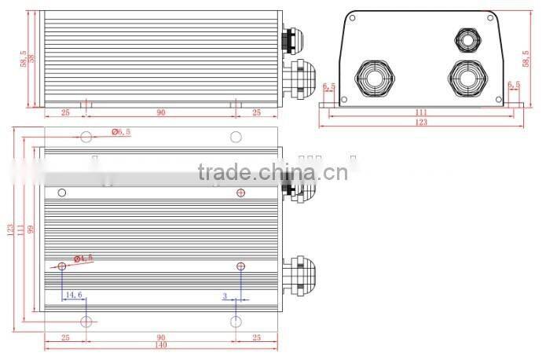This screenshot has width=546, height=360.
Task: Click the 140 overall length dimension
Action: coord(160,345)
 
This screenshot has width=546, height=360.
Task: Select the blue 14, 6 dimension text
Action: coord(74,295)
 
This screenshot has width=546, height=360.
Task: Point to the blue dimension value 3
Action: coord(225,296)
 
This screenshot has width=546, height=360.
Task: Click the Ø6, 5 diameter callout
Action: coord(119,132)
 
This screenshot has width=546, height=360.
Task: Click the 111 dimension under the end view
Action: coord(421,112)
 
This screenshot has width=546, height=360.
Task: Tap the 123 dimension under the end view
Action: coord(421,123)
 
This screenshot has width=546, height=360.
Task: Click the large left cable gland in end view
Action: coord(375,78)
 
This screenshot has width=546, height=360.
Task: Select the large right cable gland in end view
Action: coord(468,78)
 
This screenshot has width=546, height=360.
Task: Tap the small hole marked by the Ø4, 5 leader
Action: coord(62,266)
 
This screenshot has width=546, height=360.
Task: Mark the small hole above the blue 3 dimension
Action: coord(240,266)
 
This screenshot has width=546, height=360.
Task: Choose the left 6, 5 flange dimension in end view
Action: coord(328,86)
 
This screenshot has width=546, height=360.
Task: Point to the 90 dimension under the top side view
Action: coord(160,112)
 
